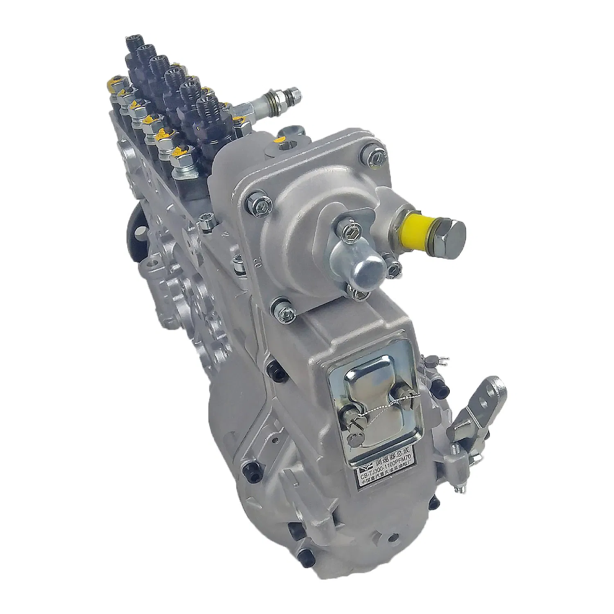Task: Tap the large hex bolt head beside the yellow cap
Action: point(452,234)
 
